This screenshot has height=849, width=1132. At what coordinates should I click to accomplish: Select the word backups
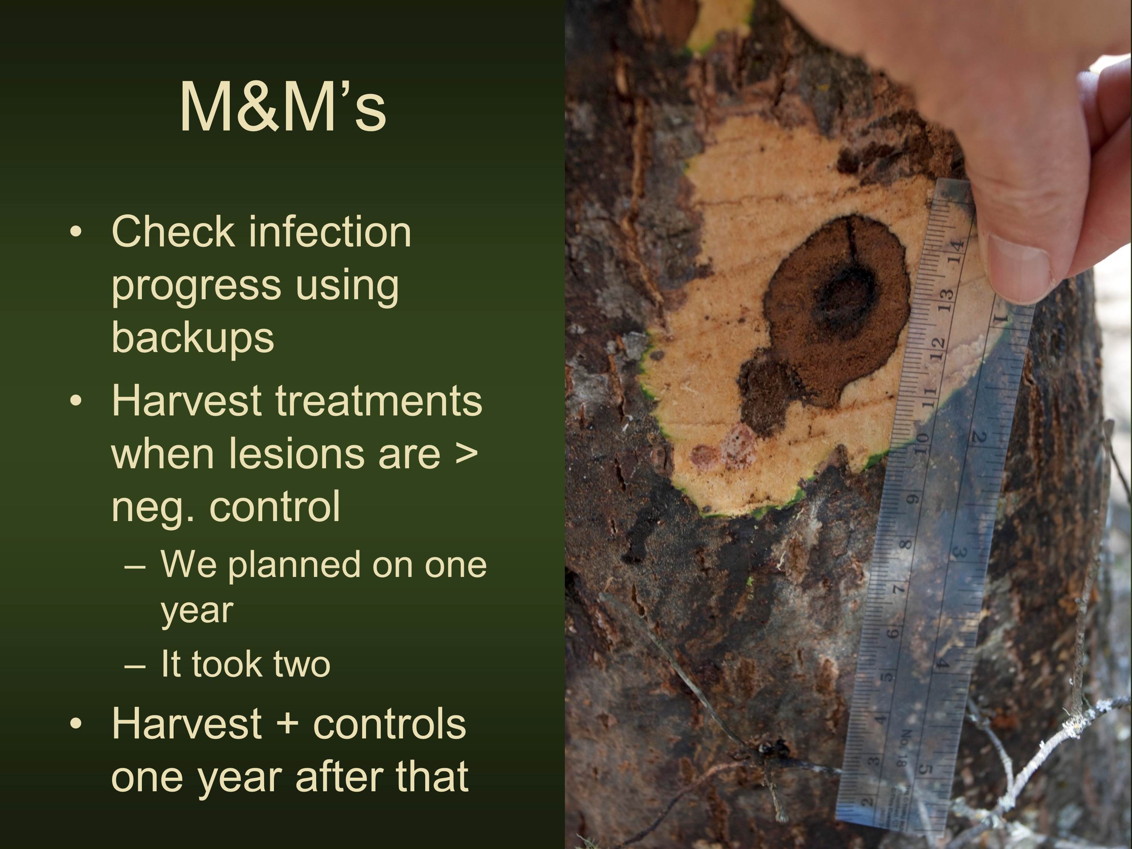pos(192,337)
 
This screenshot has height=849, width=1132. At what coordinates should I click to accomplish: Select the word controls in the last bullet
pos(389,724)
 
